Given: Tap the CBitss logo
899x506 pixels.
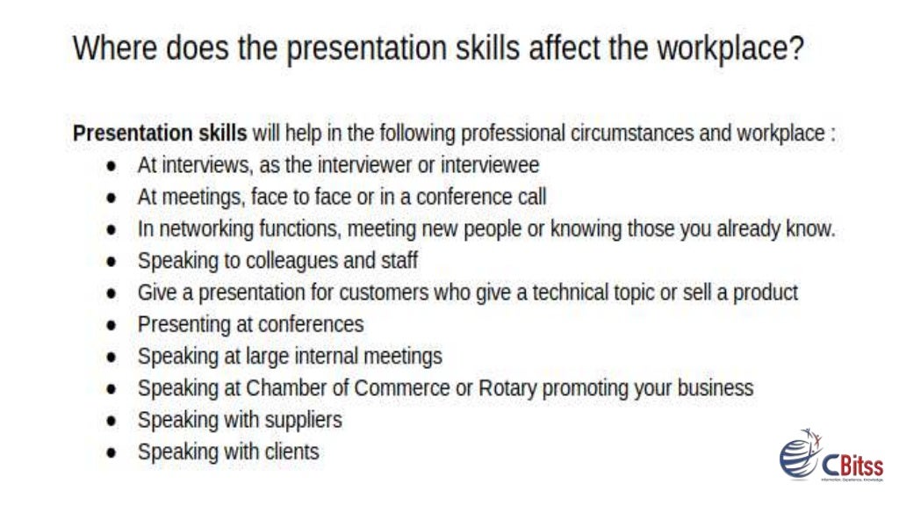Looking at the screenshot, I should [x=830, y=458].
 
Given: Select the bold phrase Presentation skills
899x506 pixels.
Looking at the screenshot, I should [x=159, y=134].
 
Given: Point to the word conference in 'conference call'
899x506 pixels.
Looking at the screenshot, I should [x=465, y=197].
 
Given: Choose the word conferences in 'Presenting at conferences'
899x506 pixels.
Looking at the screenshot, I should [x=311, y=324].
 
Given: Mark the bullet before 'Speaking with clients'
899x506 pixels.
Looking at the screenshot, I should [x=111, y=453].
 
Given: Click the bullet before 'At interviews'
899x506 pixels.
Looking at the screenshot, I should [x=111, y=167].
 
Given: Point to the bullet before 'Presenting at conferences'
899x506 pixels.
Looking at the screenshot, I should [x=111, y=326].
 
